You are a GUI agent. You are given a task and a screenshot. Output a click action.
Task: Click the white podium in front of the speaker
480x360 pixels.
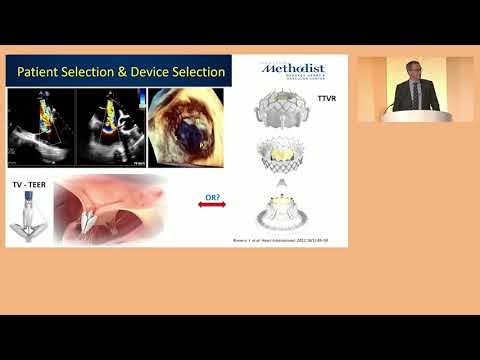point(415,115)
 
